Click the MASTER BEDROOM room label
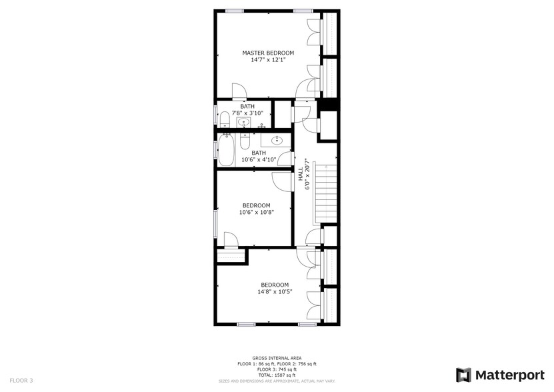267,53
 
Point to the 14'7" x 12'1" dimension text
267,60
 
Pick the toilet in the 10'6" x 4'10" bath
245,142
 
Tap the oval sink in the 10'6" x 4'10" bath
277,140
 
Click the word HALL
301,174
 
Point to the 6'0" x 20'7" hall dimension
307,174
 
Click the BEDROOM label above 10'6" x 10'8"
256,205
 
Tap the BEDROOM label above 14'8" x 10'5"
275,285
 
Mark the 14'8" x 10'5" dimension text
275,291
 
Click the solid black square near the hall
327,105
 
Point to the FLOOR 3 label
21,381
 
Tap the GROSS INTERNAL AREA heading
277,358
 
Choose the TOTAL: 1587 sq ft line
277,375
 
